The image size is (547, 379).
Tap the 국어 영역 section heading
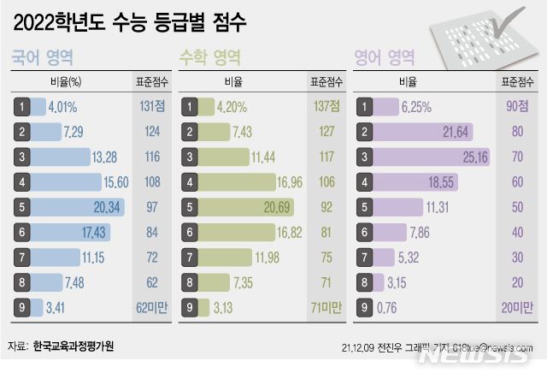pyautogui.click(x=41, y=58)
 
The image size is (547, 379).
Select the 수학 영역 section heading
pyautogui.click(x=209, y=58)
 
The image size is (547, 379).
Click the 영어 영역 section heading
pyautogui.click(x=384, y=58)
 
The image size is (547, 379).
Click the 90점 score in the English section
pyautogui.click(x=515, y=106)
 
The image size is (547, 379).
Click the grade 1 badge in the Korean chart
pyautogui.click(x=21, y=107)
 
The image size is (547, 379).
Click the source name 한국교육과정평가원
pyautogui.click(x=73, y=346)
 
